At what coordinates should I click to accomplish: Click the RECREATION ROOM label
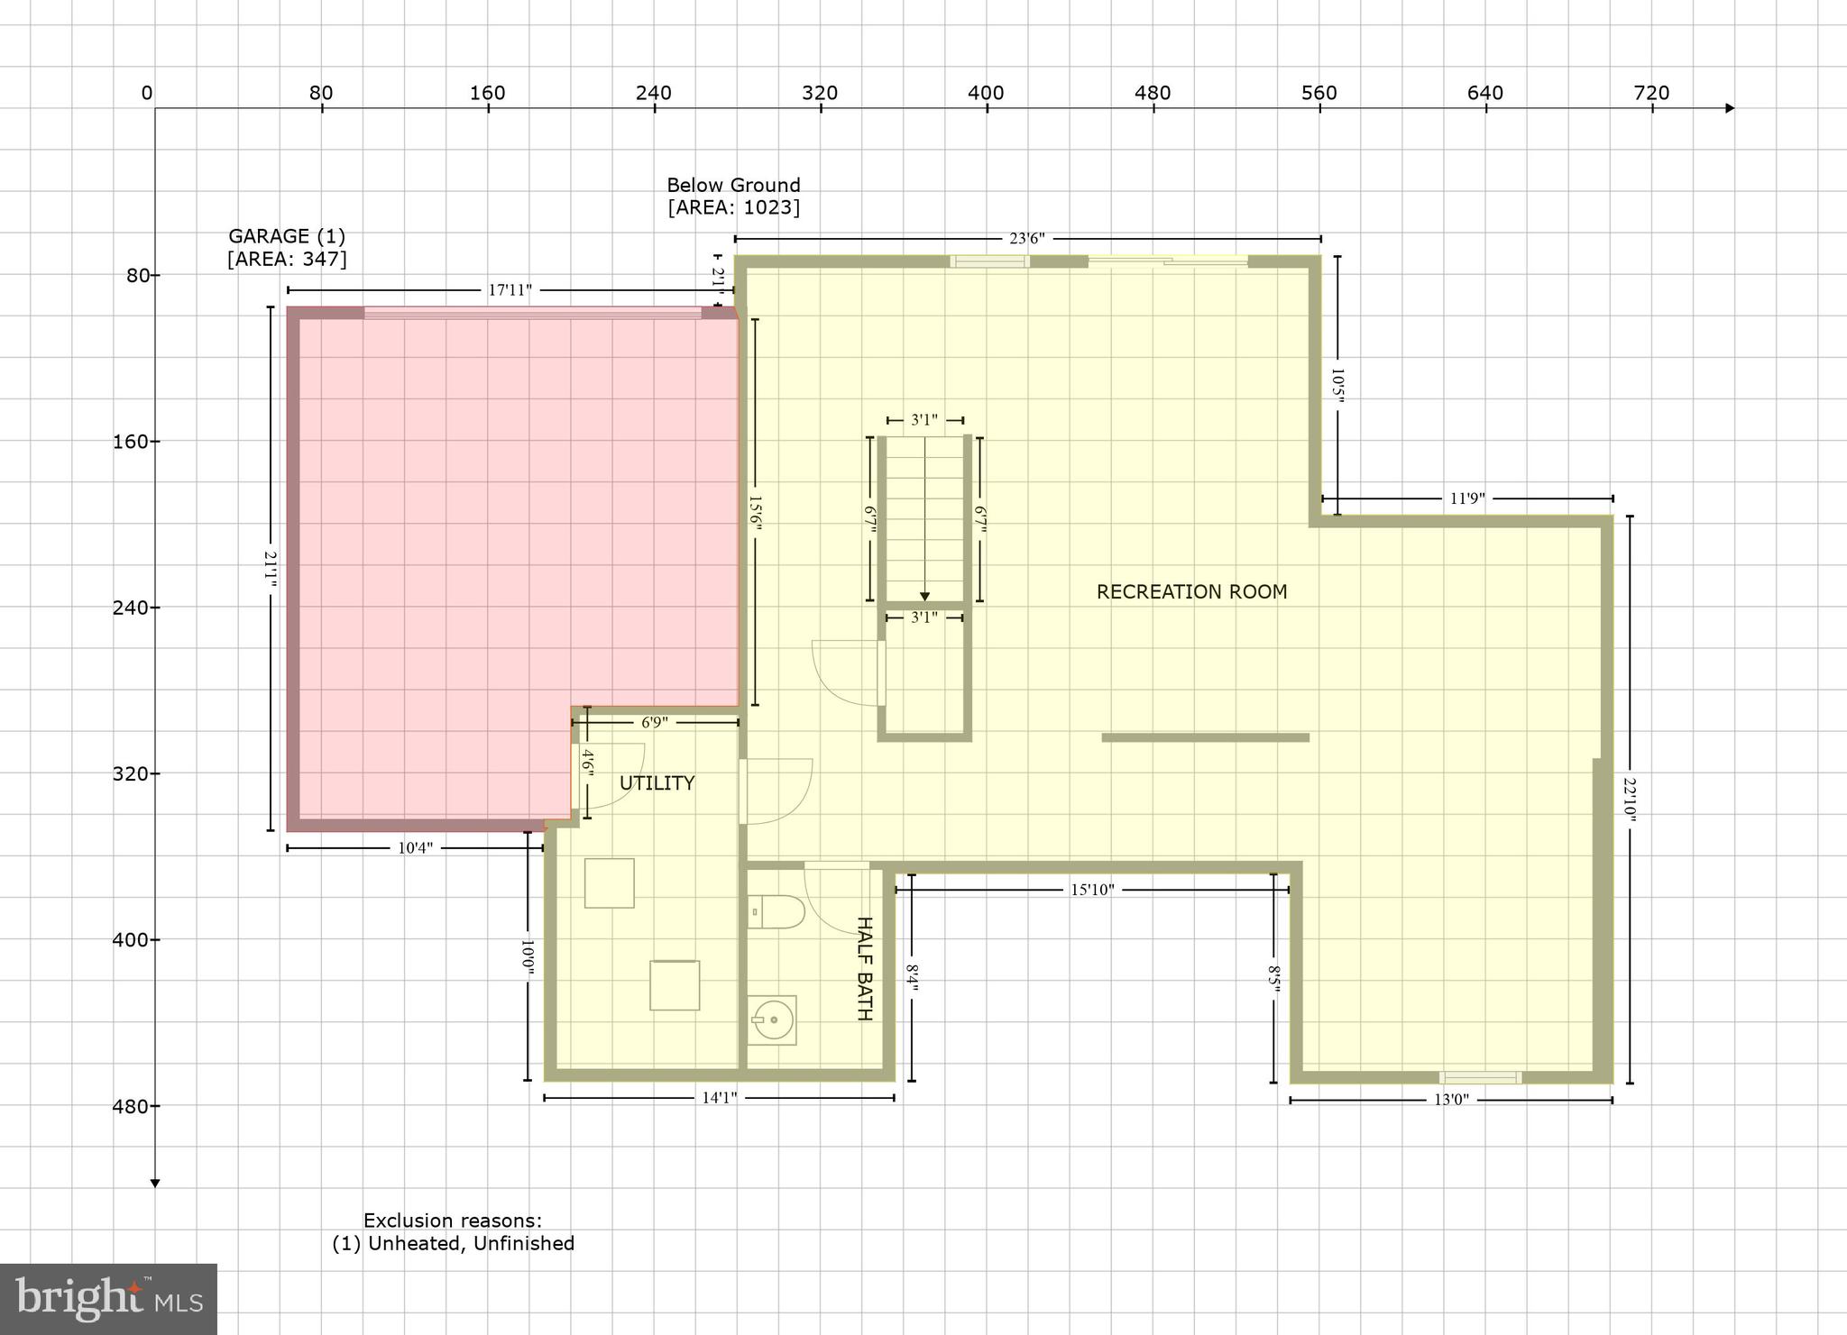[1190, 592]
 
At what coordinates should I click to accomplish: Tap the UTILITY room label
[657, 783]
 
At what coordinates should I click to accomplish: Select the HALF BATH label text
[863, 968]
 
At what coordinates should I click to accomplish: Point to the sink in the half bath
[772, 1020]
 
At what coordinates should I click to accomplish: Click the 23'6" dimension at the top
[1026, 239]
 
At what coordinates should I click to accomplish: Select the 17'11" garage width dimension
[510, 290]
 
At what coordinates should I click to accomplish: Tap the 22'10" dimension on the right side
[1630, 799]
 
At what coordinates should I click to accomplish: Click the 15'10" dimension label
[1091, 891]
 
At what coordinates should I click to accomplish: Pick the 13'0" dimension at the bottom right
[1450, 1100]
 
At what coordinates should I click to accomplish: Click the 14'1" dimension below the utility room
[719, 1098]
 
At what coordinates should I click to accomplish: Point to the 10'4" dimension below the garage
[415, 848]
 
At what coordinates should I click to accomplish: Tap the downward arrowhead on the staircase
[924, 597]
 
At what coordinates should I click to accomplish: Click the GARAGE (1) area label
[286, 248]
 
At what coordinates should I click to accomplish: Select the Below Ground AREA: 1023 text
[733, 197]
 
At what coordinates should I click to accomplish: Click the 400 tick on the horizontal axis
[987, 94]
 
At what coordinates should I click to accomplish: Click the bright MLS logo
[108, 1298]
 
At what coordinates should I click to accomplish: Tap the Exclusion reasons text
[453, 1231]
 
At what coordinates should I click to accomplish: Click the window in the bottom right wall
[1480, 1077]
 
